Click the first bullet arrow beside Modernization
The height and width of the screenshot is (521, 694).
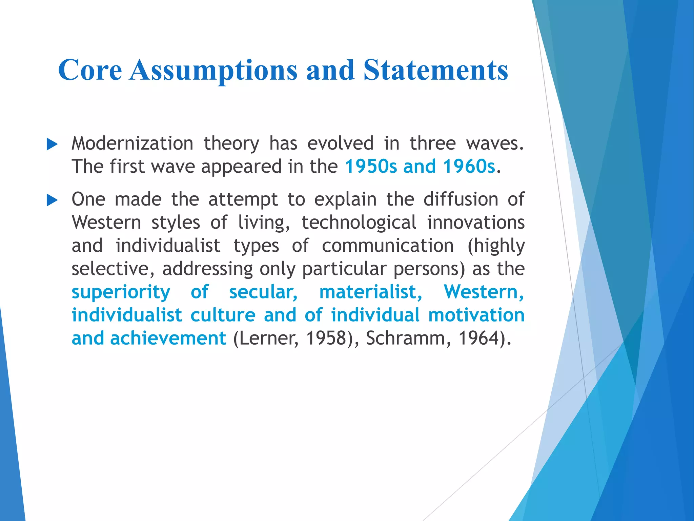(x=52, y=144)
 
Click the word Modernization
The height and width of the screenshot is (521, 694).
(x=132, y=143)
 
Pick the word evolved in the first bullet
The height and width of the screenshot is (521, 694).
(x=340, y=143)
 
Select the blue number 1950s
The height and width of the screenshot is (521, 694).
(x=370, y=167)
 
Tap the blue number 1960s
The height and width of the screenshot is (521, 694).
(x=469, y=167)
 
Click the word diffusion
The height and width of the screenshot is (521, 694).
(x=461, y=199)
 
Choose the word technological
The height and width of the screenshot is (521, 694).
(x=359, y=223)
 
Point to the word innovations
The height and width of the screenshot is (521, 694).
(x=476, y=223)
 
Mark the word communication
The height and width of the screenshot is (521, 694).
(x=388, y=246)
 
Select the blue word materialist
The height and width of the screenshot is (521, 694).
(x=371, y=292)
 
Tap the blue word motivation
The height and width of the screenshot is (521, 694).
(x=476, y=315)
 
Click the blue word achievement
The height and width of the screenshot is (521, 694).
(x=168, y=338)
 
